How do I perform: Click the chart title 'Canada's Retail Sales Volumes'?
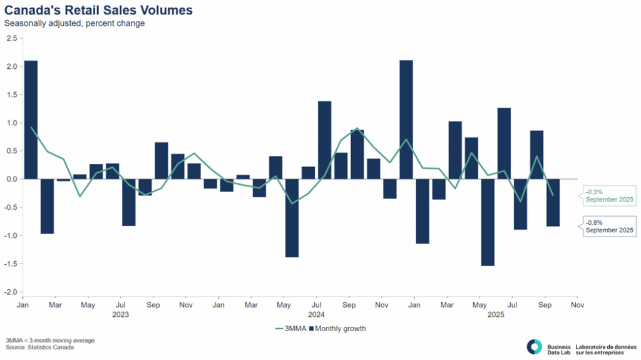(x=98, y=11)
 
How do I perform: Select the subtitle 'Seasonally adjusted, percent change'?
(x=74, y=24)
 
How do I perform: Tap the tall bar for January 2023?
(x=31, y=119)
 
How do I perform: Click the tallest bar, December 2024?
(x=406, y=119)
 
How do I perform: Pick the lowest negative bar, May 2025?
(x=488, y=222)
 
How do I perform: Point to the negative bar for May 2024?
(x=291, y=218)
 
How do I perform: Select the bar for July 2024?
(x=324, y=140)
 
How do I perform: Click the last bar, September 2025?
(x=553, y=202)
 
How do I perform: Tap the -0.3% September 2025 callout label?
(x=609, y=196)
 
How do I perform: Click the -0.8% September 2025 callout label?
(x=609, y=226)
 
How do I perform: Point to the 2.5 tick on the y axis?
(x=11, y=38)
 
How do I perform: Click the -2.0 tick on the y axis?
(x=11, y=292)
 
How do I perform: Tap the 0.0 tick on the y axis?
(x=11, y=179)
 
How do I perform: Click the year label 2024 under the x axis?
(x=316, y=315)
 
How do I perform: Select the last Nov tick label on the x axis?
(x=577, y=306)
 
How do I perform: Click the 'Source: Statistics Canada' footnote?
(x=40, y=347)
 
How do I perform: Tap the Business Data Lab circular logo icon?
(x=535, y=346)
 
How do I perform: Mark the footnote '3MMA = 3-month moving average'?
(x=50, y=340)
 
